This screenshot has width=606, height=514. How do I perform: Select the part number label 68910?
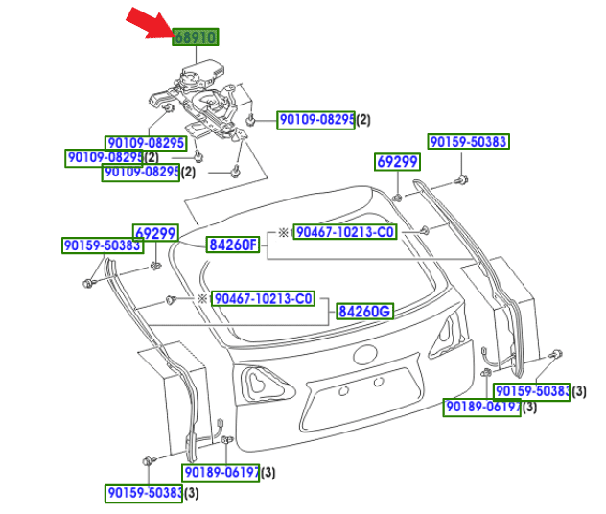point(195,37)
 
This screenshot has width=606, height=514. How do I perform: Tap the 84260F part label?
point(234,245)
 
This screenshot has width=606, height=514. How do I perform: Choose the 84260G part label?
point(364,312)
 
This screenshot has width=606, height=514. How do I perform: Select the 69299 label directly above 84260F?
point(155,233)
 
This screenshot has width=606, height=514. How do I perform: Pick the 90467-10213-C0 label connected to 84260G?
point(262,298)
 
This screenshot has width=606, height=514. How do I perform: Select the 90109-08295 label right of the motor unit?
point(316,120)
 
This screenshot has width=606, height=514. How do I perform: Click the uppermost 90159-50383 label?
point(468,142)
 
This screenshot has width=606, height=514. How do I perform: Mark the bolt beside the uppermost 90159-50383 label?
point(460,179)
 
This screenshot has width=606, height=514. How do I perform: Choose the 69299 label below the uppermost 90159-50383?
point(396,162)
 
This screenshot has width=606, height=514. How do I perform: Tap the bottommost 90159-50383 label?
point(144,493)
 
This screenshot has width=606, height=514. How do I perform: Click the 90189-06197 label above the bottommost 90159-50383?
point(221,472)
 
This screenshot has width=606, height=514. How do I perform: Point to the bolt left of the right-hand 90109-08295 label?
point(250,121)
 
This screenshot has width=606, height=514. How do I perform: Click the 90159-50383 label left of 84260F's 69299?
point(103,246)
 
